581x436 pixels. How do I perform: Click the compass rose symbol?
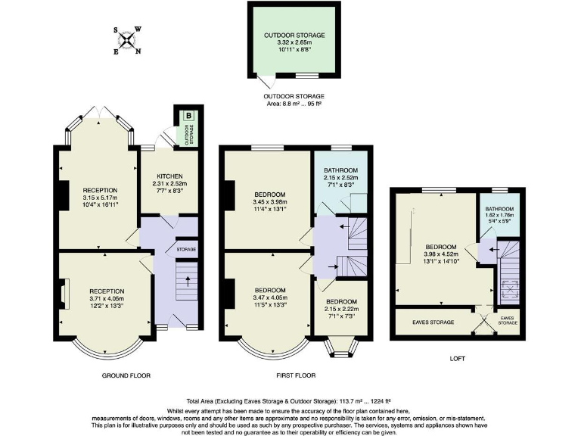coord(127,41)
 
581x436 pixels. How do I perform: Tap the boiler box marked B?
coord(188,117)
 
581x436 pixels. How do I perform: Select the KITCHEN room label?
coord(169,176)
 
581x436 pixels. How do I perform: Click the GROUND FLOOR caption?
coord(126,375)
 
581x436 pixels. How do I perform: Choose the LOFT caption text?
coord(456,358)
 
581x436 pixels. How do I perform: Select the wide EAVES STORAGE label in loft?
coord(433,322)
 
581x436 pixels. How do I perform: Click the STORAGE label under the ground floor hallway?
coord(186,249)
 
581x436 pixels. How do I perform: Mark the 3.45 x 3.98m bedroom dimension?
coord(269,203)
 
